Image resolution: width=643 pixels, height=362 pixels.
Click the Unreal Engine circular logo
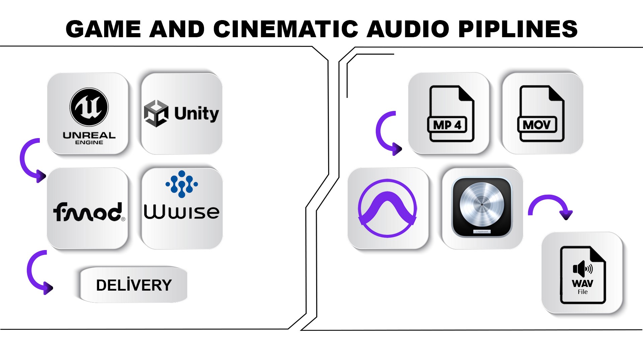pos(89,107)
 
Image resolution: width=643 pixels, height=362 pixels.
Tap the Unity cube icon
pos(156,113)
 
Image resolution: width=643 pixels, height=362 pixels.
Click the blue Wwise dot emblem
pos(182,184)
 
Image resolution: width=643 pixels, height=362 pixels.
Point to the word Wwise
pos(182,212)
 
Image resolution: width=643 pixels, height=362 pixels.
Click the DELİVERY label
pos(134,285)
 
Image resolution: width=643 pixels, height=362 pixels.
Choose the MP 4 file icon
pos(451,114)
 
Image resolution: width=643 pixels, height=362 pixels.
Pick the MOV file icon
pos(541,114)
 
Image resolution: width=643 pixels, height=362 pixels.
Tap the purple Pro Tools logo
pos(387,208)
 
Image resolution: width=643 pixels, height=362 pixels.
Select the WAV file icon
pos(583,275)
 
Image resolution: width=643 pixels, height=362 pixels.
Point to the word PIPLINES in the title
pos(518,29)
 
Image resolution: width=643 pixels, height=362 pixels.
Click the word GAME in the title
pos(103,29)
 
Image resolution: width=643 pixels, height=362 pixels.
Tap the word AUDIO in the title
pos(408,29)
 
